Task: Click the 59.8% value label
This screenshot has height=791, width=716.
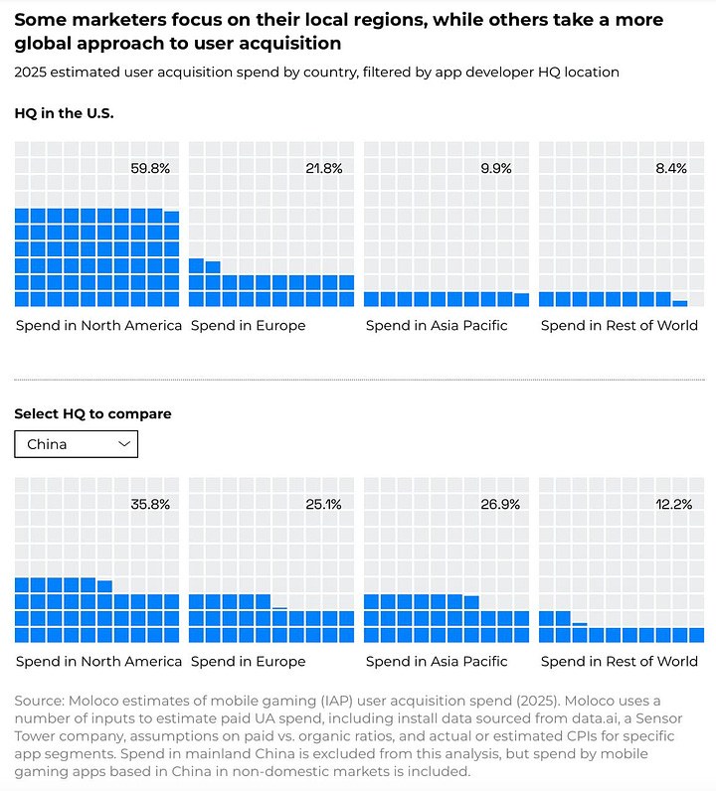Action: tap(150, 168)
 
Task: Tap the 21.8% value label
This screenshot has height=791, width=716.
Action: tap(324, 168)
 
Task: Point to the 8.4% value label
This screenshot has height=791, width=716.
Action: tap(671, 168)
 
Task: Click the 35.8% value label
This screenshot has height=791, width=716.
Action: tap(150, 504)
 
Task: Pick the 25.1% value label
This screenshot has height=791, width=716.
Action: tap(324, 504)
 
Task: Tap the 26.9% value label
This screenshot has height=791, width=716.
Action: tap(498, 504)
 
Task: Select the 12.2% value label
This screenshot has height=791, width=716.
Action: tap(673, 504)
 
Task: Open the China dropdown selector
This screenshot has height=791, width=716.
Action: tap(76, 444)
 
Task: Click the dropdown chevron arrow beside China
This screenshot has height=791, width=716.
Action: tap(124, 444)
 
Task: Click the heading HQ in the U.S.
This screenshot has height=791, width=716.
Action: tap(64, 113)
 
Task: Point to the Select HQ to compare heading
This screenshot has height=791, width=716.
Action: tap(92, 413)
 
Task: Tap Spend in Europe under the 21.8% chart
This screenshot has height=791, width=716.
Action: tap(248, 325)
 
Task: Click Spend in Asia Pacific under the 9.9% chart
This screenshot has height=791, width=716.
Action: tap(437, 325)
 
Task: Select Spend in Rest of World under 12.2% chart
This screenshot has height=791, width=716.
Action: tap(620, 661)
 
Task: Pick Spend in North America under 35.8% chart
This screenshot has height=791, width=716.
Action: tap(98, 661)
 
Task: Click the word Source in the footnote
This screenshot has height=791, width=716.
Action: tap(39, 701)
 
